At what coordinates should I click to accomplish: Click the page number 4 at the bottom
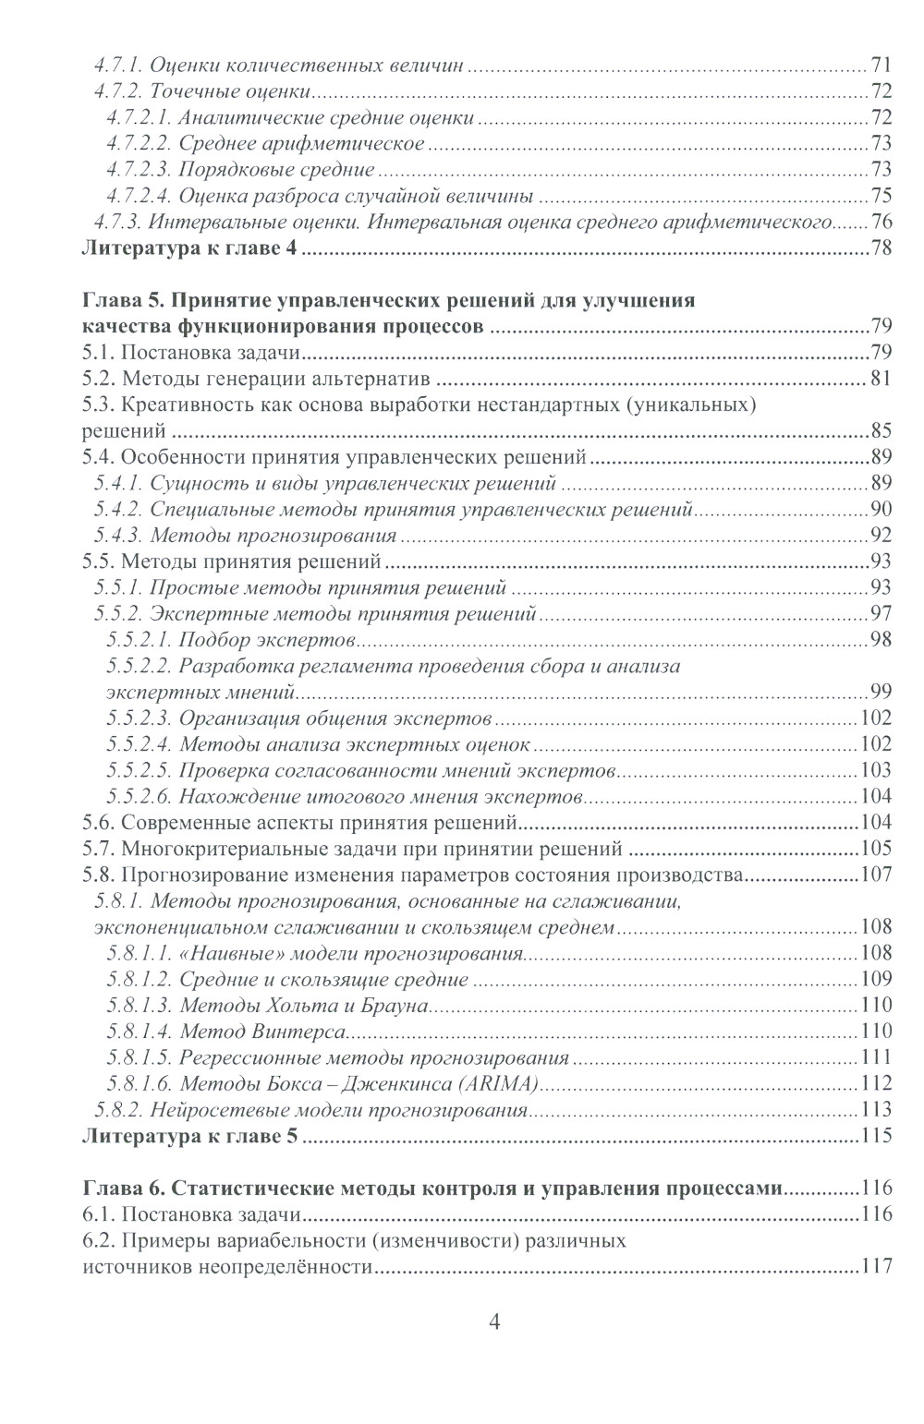coord(493,1322)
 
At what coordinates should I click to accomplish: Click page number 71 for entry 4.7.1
coord(881,66)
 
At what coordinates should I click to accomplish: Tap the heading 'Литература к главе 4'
coord(189,248)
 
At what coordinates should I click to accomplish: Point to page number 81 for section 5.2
coord(881,379)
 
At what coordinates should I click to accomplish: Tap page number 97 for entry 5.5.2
coord(881,614)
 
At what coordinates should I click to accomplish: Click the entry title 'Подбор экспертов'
coord(267,640)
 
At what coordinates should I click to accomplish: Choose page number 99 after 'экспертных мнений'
coord(881,693)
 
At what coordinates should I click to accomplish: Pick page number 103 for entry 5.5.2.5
coord(875,771)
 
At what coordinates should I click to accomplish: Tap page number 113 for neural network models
coord(875,1110)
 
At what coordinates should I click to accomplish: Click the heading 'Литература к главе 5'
coord(189,1136)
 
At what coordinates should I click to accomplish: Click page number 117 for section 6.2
coord(875,1267)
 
